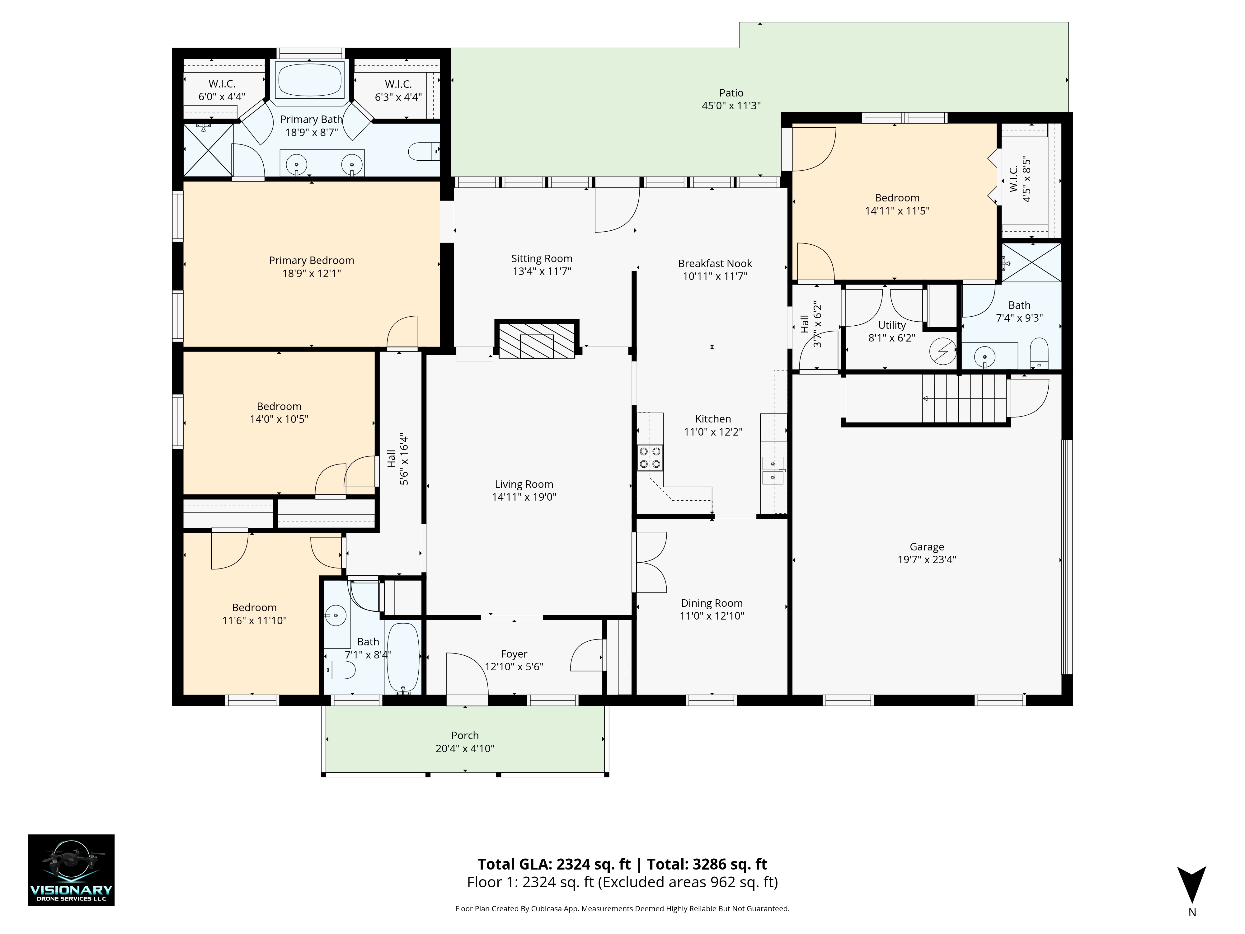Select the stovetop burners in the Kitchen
tap(650, 458)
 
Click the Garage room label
tap(926, 547)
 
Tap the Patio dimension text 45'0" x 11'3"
tap(731, 106)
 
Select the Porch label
tap(465, 735)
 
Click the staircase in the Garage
tap(964, 399)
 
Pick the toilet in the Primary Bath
tap(423, 151)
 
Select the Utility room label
tap(892, 325)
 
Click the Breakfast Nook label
tap(715, 263)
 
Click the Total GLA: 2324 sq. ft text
tap(554, 864)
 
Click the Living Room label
tap(524, 484)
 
